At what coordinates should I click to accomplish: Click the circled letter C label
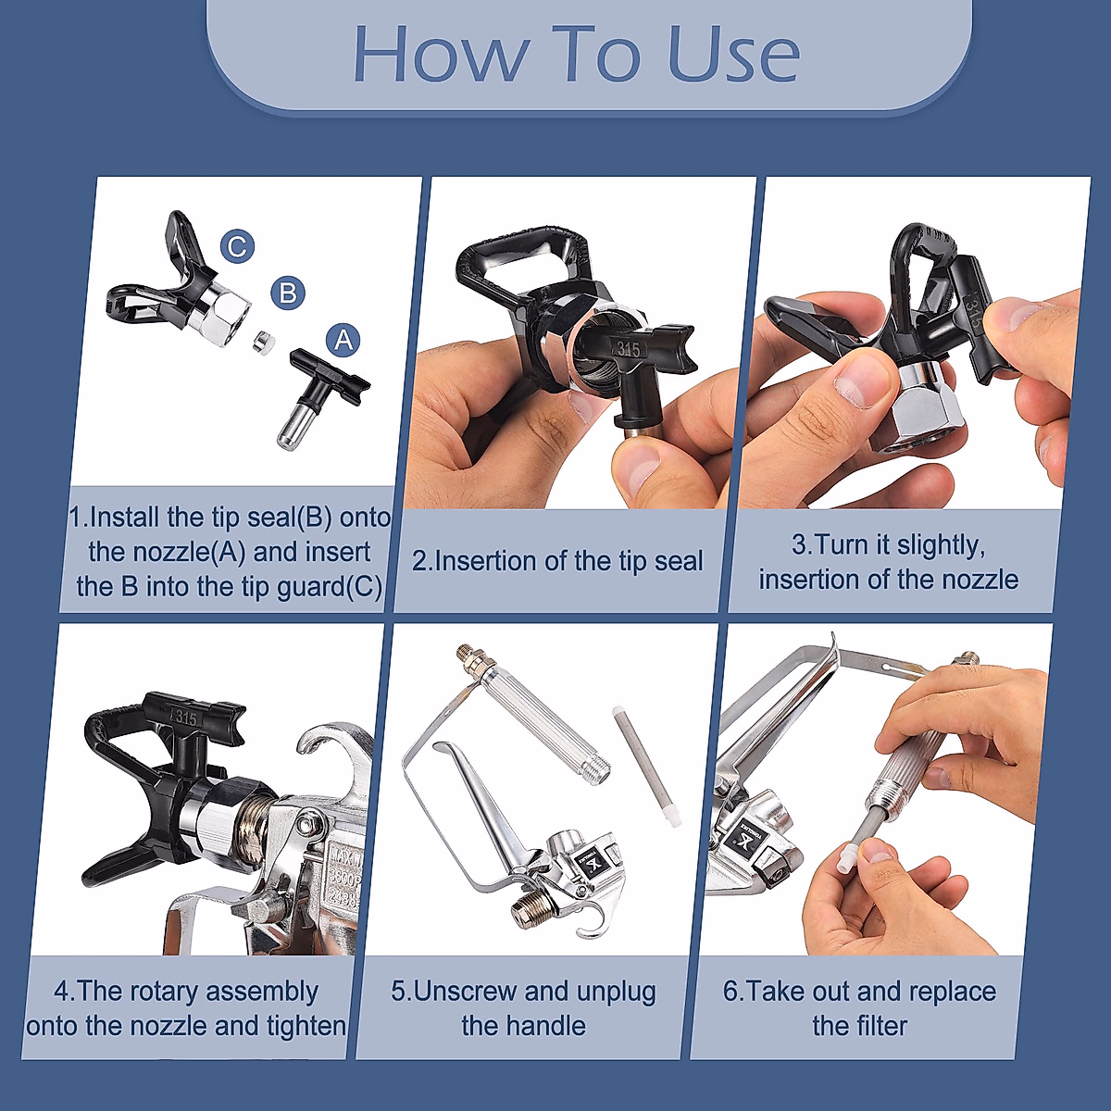237,246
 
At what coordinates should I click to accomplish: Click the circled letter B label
288,293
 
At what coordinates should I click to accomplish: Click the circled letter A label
343,340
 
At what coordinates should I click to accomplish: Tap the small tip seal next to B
263,341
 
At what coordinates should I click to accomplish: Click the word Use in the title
731,56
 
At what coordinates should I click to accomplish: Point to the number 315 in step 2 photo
628,349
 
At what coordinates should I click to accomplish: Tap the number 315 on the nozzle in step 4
185,718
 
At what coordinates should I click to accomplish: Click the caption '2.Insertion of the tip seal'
557,561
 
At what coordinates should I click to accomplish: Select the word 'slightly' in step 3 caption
935,546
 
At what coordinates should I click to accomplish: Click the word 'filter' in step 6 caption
880,1026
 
